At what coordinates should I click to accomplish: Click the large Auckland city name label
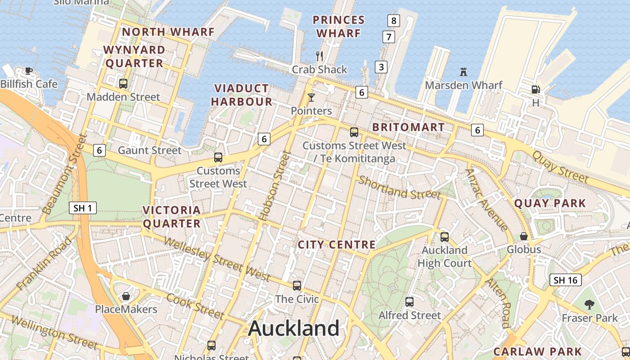tap(294, 328)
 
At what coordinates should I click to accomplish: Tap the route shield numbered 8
tap(394, 20)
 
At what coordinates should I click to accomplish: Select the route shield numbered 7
tap(388, 37)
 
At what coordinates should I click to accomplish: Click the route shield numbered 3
tap(381, 67)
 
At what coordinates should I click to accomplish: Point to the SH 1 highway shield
tap(83, 208)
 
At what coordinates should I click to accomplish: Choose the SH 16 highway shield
tap(565, 280)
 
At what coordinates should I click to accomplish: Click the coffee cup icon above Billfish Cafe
tap(28, 71)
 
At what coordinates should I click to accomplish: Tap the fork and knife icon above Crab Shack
tap(319, 56)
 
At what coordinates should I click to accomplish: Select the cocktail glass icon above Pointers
tap(311, 97)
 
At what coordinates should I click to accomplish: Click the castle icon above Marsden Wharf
tap(463, 72)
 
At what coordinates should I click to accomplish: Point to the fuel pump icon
tap(535, 90)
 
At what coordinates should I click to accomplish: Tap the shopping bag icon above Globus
tap(524, 236)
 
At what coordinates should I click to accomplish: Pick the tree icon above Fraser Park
tap(589, 305)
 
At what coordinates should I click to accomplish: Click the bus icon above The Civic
tap(297, 285)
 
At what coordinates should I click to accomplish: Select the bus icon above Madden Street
tap(123, 83)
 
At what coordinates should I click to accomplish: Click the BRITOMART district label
tap(409, 127)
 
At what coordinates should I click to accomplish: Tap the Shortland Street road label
tap(399, 188)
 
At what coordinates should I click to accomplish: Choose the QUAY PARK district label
tap(550, 203)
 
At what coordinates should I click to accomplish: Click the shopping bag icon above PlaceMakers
tap(126, 296)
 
